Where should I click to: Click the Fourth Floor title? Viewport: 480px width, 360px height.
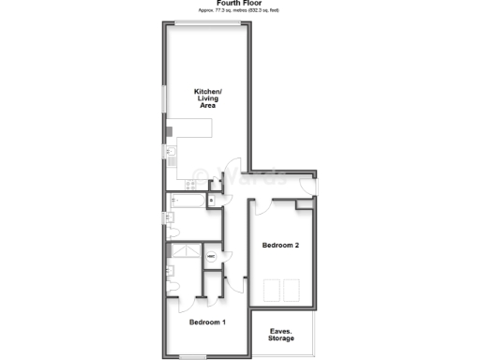click(239, 4)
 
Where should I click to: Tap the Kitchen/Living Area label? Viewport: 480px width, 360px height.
click(206, 97)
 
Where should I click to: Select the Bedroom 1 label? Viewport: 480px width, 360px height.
click(207, 322)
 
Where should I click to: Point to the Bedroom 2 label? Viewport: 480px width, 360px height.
click(280, 246)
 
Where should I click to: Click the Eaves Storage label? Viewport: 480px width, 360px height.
click(282, 335)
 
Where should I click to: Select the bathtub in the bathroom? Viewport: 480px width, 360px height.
click(187, 200)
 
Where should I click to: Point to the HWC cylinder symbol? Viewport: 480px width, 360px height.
click(211, 257)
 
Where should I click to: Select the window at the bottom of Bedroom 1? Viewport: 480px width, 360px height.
click(193, 357)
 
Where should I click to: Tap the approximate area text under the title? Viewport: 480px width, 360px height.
click(239, 12)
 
